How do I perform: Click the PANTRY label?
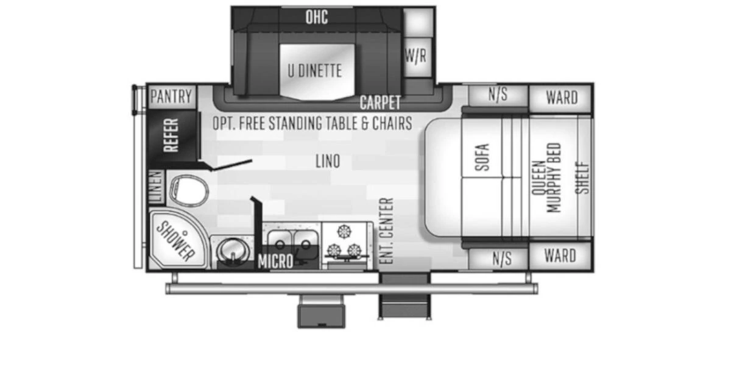coord(171,96)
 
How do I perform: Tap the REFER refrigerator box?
coord(172,135)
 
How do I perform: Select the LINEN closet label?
coord(156,187)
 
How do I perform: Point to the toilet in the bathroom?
coord(189,191)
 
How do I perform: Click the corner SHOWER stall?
coord(176,240)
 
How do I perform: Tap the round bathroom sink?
coord(233,250)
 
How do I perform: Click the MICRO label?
coord(275,261)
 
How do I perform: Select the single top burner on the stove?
coord(344,232)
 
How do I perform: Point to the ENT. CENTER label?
coord(387,231)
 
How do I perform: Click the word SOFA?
coord(482,157)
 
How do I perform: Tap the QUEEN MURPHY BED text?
coord(546,178)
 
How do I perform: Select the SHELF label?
coord(583,178)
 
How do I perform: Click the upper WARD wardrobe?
coord(560,98)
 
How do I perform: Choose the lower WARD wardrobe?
coord(560,256)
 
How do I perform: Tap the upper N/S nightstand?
coord(498,95)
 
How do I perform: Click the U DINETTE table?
coord(317,72)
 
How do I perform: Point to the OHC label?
coord(317,17)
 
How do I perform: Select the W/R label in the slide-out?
coord(415,56)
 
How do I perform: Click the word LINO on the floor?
coord(328,161)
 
